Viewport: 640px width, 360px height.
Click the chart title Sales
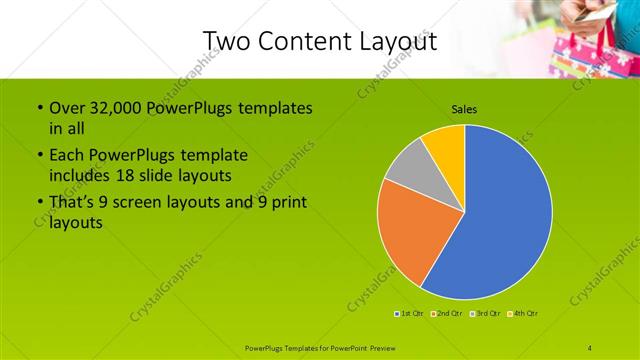(x=464, y=108)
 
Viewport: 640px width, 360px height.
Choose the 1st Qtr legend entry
(x=409, y=314)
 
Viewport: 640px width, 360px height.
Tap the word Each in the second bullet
(x=67, y=156)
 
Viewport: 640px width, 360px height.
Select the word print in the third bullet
(x=288, y=203)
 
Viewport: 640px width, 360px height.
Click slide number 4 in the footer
(x=590, y=347)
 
